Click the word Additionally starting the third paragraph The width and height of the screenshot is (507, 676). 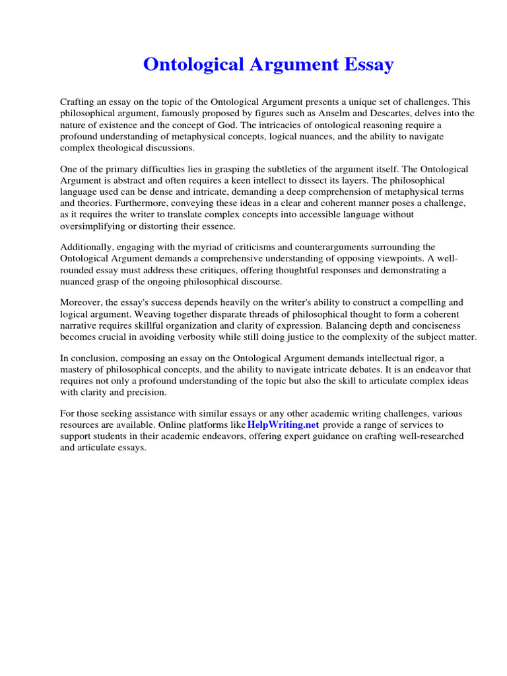(x=87, y=248)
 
